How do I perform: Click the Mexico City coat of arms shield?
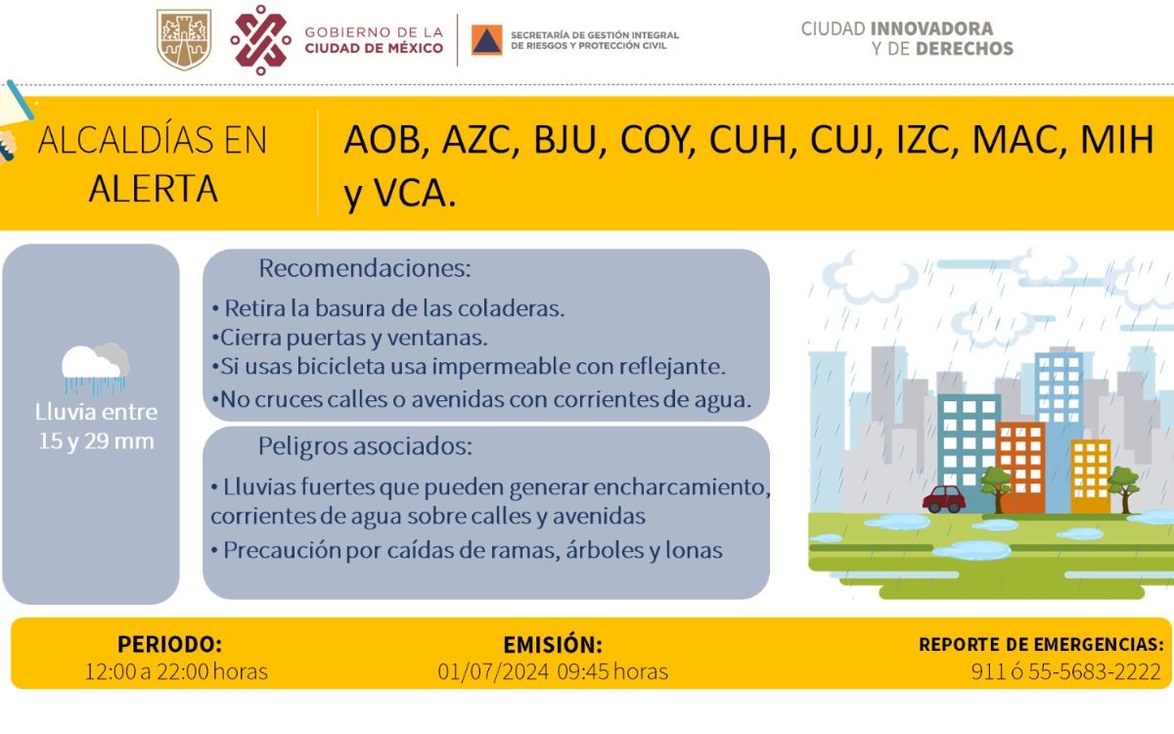coord(184,39)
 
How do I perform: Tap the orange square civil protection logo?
coord(486,40)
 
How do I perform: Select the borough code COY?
coord(655,140)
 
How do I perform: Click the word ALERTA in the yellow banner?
coord(153,189)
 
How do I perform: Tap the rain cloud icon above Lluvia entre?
coord(96,368)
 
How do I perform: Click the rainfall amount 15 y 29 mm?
coord(97,441)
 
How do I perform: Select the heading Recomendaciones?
coord(365,268)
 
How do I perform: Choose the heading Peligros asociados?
coord(365,446)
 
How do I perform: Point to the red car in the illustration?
coord(944,498)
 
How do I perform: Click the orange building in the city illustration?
coord(1020,468)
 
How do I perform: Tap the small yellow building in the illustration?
coord(1090,477)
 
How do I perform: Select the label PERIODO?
coord(170,644)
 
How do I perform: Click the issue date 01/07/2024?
coord(493,671)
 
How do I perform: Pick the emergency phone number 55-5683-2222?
coord(1095,671)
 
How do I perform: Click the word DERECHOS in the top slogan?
coord(965,49)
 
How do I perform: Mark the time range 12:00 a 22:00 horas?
coord(176,671)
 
